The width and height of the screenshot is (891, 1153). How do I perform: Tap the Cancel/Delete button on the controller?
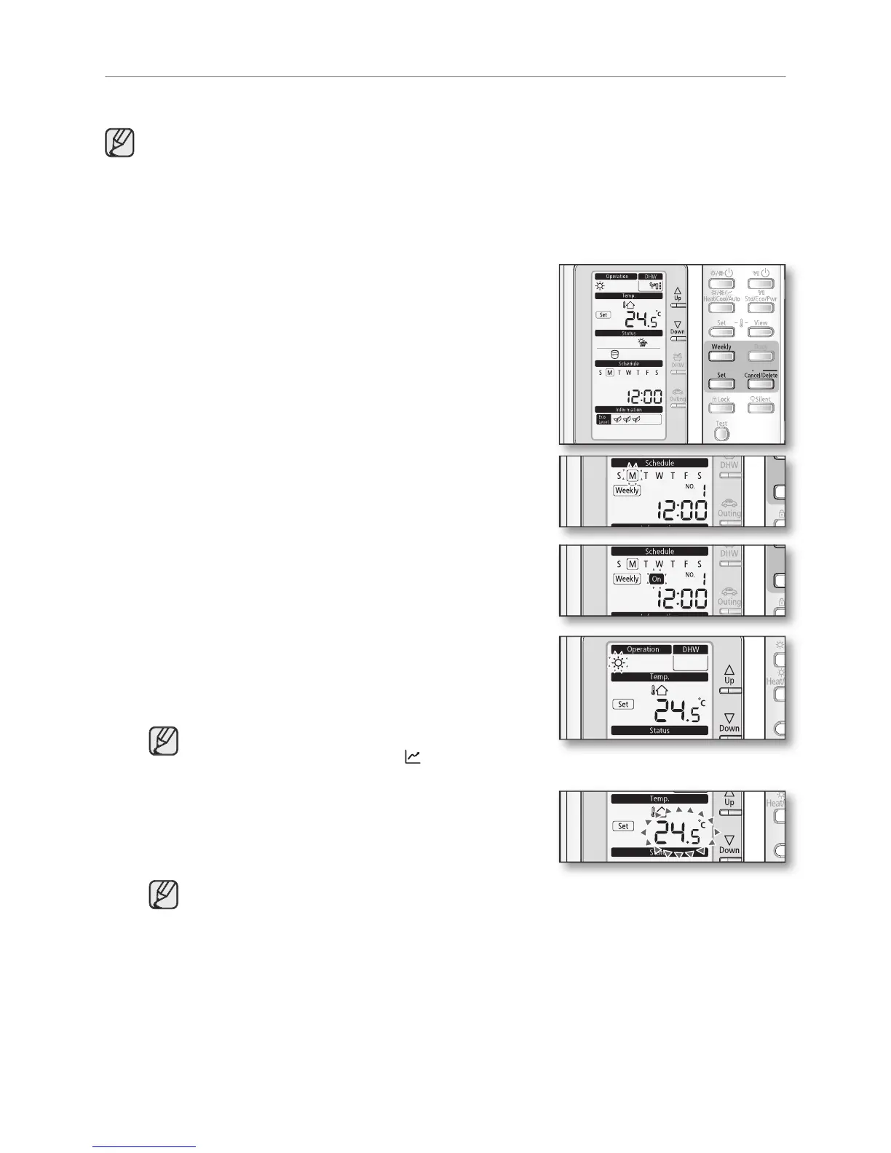pyautogui.click(x=761, y=383)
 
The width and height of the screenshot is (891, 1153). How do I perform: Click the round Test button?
pyautogui.click(x=721, y=433)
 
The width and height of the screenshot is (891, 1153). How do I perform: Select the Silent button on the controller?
pyautogui.click(x=761, y=407)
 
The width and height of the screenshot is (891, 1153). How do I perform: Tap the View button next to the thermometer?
pyautogui.click(x=761, y=331)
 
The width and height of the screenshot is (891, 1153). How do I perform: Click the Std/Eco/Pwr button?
pyautogui.click(x=761, y=306)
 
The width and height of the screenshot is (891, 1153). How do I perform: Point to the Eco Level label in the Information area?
pyautogui.click(x=602, y=419)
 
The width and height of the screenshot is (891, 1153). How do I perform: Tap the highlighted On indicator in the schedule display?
pyautogui.click(x=657, y=579)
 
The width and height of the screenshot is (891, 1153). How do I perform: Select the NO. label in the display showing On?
pyautogui.click(x=689, y=574)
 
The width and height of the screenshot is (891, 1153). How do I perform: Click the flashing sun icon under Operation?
pyautogui.click(x=618, y=663)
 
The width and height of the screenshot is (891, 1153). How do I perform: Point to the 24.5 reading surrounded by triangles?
pyautogui.click(x=681, y=832)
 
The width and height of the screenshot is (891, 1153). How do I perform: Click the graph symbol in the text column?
pyautogui.click(x=413, y=757)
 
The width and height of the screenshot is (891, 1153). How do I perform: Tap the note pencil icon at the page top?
pyautogui.click(x=119, y=143)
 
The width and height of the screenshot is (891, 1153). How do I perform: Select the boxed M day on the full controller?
pyautogui.click(x=610, y=373)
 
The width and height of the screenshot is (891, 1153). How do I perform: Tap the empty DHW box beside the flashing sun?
pyautogui.click(x=689, y=662)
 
